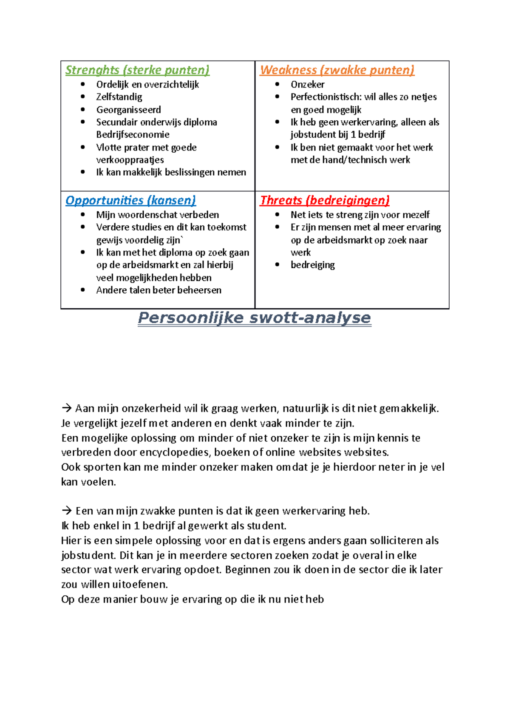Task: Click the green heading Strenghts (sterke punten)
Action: pos(137,70)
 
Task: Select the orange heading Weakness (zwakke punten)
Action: pos(337,70)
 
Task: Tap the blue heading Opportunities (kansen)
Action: pos(130,200)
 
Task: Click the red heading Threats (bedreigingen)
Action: pos(325,200)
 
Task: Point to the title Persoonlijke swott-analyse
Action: pos(255,318)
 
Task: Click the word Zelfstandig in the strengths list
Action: pos(119,97)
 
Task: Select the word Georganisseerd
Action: pos(128,110)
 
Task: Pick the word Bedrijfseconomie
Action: pos(133,135)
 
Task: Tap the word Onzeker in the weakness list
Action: pos(307,85)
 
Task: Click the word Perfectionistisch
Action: pos(326,97)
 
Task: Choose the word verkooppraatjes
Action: pos(130,160)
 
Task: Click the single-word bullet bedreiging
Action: pos(312,265)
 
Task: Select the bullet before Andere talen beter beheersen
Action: pos(83,290)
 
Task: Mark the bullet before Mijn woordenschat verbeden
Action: pos(83,215)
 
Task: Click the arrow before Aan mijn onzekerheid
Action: pos(67,409)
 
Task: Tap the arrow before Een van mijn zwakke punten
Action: pos(67,511)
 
